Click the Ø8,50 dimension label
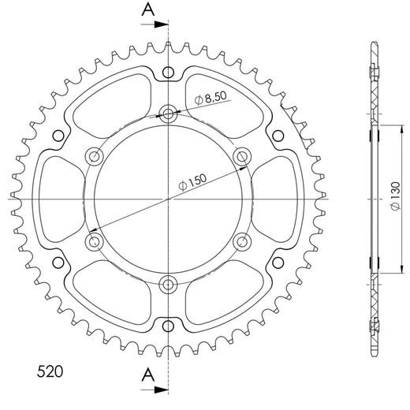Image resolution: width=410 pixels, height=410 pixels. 211,98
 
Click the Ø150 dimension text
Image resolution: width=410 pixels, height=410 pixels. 192,181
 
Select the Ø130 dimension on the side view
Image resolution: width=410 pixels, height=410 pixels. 396,196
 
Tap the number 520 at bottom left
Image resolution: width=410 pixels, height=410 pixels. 50,371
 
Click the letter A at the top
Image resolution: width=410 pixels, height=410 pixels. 148,10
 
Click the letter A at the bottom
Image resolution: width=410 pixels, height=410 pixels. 148,375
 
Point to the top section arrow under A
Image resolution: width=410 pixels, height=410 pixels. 155,24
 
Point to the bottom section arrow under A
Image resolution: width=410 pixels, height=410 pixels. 155,390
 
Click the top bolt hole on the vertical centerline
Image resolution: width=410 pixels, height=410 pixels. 168,114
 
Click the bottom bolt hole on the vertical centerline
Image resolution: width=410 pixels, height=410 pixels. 168,284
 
